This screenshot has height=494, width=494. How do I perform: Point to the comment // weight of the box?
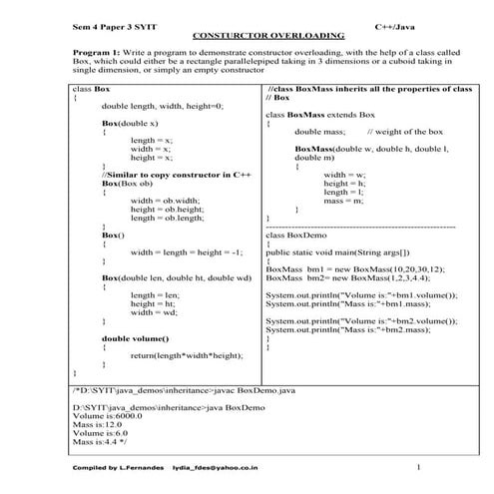405,132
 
